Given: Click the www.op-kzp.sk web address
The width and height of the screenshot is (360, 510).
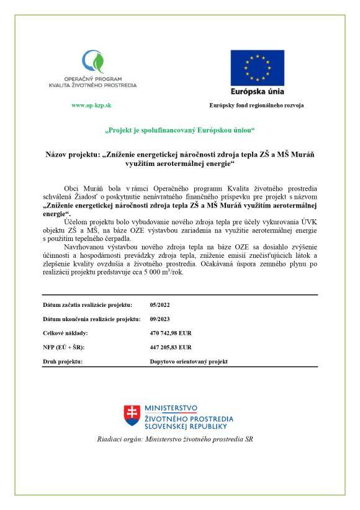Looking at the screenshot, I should pyautogui.click(x=91, y=106).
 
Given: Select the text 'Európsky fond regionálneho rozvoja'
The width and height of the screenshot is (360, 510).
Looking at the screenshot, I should pyautogui.click(x=256, y=106).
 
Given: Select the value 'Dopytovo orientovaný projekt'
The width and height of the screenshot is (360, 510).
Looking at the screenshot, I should pyautogui.click(x=189, y=361).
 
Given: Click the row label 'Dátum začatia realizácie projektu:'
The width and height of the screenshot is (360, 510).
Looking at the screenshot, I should pyautogui.click(x=88, y=306).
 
